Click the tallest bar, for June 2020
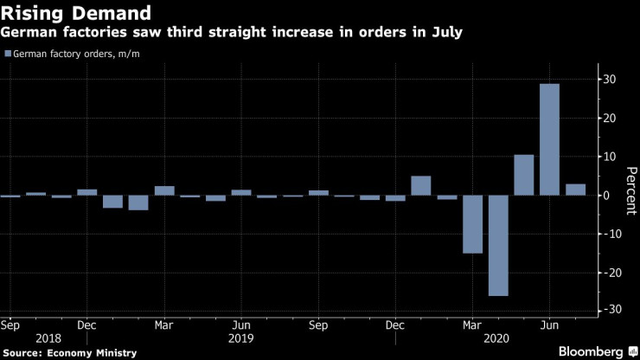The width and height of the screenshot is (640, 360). [549, 139]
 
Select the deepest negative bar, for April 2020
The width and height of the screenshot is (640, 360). [498, 245]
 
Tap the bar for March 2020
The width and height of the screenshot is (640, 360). [472, 224]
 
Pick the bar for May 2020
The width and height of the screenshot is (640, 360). [523, 175]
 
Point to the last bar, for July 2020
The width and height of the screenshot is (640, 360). [575, 190]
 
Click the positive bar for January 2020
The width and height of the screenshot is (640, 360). [421, 185]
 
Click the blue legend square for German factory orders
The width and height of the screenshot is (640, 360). [8, 54]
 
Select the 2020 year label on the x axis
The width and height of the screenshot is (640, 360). [497, 338]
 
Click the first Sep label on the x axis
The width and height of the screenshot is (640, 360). [10, 326]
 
